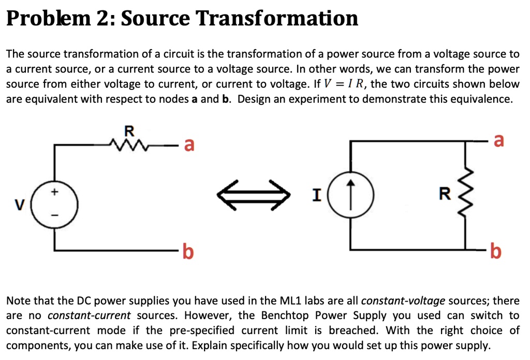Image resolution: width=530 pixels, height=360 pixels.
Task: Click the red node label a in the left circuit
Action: pyautogui.click(x=189, y=146)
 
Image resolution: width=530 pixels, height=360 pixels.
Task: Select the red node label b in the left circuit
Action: pyautogui.click(x=189, y=252)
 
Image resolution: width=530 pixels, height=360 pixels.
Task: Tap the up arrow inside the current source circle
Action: pyautogui.click(x=351, y=195)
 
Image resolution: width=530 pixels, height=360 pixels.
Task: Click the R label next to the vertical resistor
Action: pyautogui.click(x=444, y=195)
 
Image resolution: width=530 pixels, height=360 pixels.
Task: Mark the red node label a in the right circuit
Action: pyautogui.click(x=498, y=140)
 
